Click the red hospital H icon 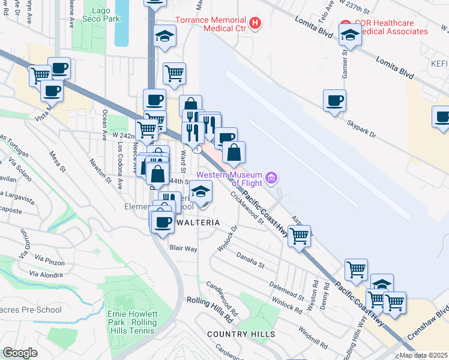coord(256,24)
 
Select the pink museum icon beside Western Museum coord(271,178)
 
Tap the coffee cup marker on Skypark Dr coord(334,100)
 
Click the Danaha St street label coord(250,260)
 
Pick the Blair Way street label coord(183,248)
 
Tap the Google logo coord(20,353)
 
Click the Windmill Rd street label coord(314,336)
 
